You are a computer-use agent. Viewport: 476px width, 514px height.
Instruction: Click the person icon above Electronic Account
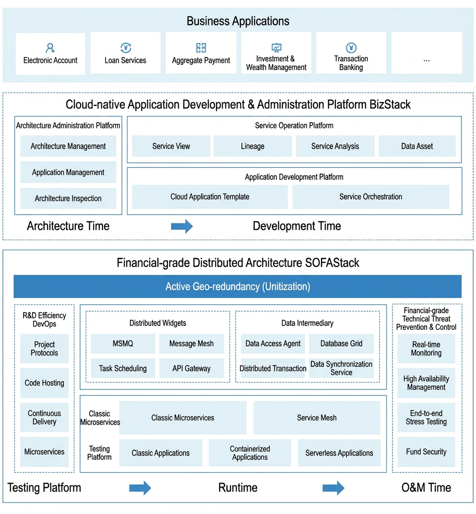(x=50, y=48)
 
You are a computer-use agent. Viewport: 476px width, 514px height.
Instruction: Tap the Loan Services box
(x=125, y=53)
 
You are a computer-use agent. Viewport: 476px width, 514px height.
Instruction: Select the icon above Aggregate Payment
(x=201, y=48)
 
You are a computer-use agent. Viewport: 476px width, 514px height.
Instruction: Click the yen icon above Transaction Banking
(x=351, y=47)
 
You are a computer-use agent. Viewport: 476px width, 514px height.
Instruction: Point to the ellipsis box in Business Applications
(x=427, y=53)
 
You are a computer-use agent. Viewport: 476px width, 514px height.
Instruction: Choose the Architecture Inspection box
(x=68, y=199)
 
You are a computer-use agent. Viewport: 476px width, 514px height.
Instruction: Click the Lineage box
(x=252, y=146)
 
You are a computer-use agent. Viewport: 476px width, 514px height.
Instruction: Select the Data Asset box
(x=417, y=146)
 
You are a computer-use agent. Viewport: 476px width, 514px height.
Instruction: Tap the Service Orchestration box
(x=371, y=197)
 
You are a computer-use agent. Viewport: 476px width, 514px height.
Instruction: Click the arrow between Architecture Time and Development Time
(x=182, y=226)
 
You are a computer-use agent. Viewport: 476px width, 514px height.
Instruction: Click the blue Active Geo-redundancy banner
(x=238, y=286)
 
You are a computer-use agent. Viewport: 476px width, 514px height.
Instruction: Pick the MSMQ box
(x=123, y=343)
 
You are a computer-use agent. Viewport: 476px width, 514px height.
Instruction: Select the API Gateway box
(x=191, y=368)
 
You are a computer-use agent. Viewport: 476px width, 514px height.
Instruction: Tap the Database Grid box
(x=341, y=343)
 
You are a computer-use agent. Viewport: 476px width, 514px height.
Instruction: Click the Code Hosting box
(x=44, y=383)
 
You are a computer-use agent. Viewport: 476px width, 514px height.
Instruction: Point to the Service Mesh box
(x=317, y=418)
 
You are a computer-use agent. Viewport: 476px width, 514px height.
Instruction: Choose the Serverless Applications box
(x=339, y=453)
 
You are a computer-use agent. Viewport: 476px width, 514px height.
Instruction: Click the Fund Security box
(x=426, y=452)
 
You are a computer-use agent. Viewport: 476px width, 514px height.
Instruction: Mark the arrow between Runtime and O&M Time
(x=333, y=488)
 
